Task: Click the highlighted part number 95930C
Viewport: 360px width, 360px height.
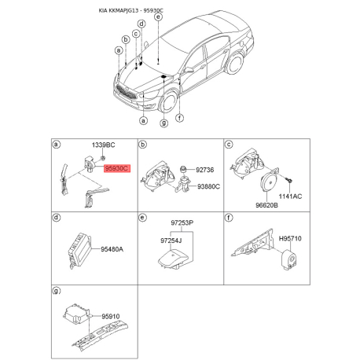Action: click(x=117, y=168)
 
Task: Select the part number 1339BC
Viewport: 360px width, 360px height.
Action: click(x=103, y=145)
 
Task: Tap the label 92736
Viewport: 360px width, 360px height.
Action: click(x=205, y=170)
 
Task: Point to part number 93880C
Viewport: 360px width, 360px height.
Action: click(x=208, y=186)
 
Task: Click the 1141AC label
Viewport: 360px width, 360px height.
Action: click(x=290, y=197)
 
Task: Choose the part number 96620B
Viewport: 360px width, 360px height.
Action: click(x=266, y=205)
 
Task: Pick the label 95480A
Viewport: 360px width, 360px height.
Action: click(x=112, y=249)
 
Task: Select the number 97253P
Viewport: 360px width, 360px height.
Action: click(x=182, y=223)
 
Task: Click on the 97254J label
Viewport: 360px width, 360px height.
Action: click(x=171, y=241)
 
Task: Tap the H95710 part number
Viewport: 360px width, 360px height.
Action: click(x=290, y=239)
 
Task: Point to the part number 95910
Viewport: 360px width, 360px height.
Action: click(x=111, y=317)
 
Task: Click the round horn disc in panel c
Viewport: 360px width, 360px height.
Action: click(x=269, y=183)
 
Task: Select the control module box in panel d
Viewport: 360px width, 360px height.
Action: click(x=79, y=250)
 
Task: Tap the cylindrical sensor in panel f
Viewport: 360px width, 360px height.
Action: click(x=288, y=259)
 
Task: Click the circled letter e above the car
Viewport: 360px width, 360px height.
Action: click(x=158, y=17)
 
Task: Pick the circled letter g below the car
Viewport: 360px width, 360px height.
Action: click(x=163, y=123)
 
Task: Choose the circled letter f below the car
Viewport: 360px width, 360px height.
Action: click(x=179, y=118)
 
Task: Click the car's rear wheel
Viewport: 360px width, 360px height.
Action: click(x=234, y=64)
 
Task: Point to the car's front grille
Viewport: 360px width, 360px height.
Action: click(x=126, y=92)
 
